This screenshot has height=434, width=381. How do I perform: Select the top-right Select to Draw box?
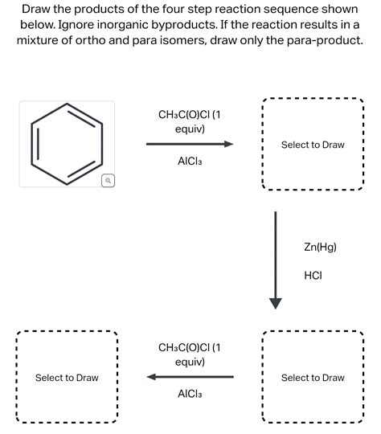point(313,145)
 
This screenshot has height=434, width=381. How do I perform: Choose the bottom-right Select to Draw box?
point(313,378)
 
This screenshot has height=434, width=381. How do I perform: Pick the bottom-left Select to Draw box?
point(67,378)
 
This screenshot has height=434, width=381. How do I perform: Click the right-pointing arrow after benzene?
point(190,145)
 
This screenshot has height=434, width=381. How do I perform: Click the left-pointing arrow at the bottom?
point(190,377)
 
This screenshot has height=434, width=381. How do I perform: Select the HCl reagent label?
point(313,276)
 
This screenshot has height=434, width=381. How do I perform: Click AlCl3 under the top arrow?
point(190,161)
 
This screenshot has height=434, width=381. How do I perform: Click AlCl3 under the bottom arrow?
point(190,394)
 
